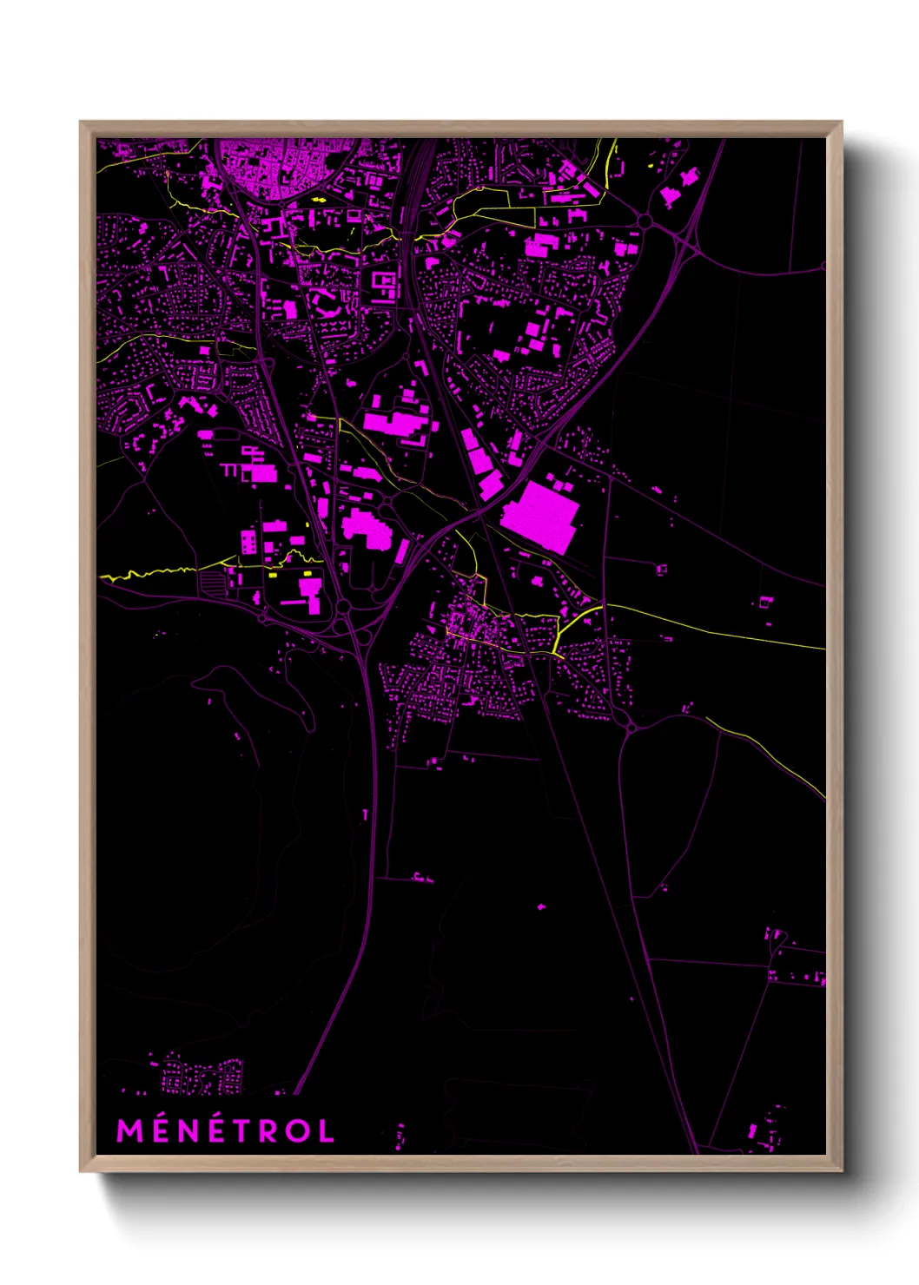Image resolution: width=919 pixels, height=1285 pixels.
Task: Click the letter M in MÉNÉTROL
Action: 129,1130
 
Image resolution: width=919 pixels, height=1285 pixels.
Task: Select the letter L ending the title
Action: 326,1130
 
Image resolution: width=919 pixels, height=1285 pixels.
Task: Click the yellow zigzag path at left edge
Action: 148,573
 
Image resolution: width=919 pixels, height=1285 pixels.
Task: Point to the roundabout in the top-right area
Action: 644,221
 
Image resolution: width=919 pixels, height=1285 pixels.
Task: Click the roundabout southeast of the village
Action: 631,724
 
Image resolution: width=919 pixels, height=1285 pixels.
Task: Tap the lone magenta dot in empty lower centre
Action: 541,907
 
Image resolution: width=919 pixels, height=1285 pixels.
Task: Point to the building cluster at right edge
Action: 795,964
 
